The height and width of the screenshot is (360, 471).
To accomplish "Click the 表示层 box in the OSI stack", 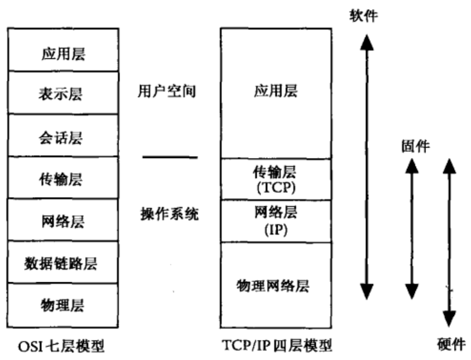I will [x=63, y=93].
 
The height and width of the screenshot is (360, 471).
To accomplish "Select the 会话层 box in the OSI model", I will [x=63, y=136].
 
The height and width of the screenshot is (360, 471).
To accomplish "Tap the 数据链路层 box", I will [x=63, y=263].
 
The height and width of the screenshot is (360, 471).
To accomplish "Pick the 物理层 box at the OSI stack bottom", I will [x=63, y=305].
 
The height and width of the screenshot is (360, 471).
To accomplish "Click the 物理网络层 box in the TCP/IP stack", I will [x=276, y=285].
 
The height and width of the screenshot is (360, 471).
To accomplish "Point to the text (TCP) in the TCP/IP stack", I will [x=276, y=188].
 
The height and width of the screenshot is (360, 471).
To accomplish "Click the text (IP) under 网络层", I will [x=276, y=229].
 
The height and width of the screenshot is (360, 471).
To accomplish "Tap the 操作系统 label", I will [x=169, y=214].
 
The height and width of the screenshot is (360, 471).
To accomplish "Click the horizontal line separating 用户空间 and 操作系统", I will [x=170, y=157].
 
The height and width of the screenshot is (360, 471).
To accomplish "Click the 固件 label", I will [x=415, y=146].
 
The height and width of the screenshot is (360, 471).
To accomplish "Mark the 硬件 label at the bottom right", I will [x=451, y=344].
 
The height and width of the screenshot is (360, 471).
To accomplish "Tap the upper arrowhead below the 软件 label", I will [x=367, y=42].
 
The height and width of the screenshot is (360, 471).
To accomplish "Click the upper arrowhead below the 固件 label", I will [x=412, y=166].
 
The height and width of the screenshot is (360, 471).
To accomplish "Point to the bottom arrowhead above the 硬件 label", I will [x=449, y=318].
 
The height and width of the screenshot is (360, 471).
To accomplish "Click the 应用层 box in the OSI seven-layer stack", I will [x=63, y=54].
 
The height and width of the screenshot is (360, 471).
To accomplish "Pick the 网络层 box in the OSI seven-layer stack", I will [x=63, y=221].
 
